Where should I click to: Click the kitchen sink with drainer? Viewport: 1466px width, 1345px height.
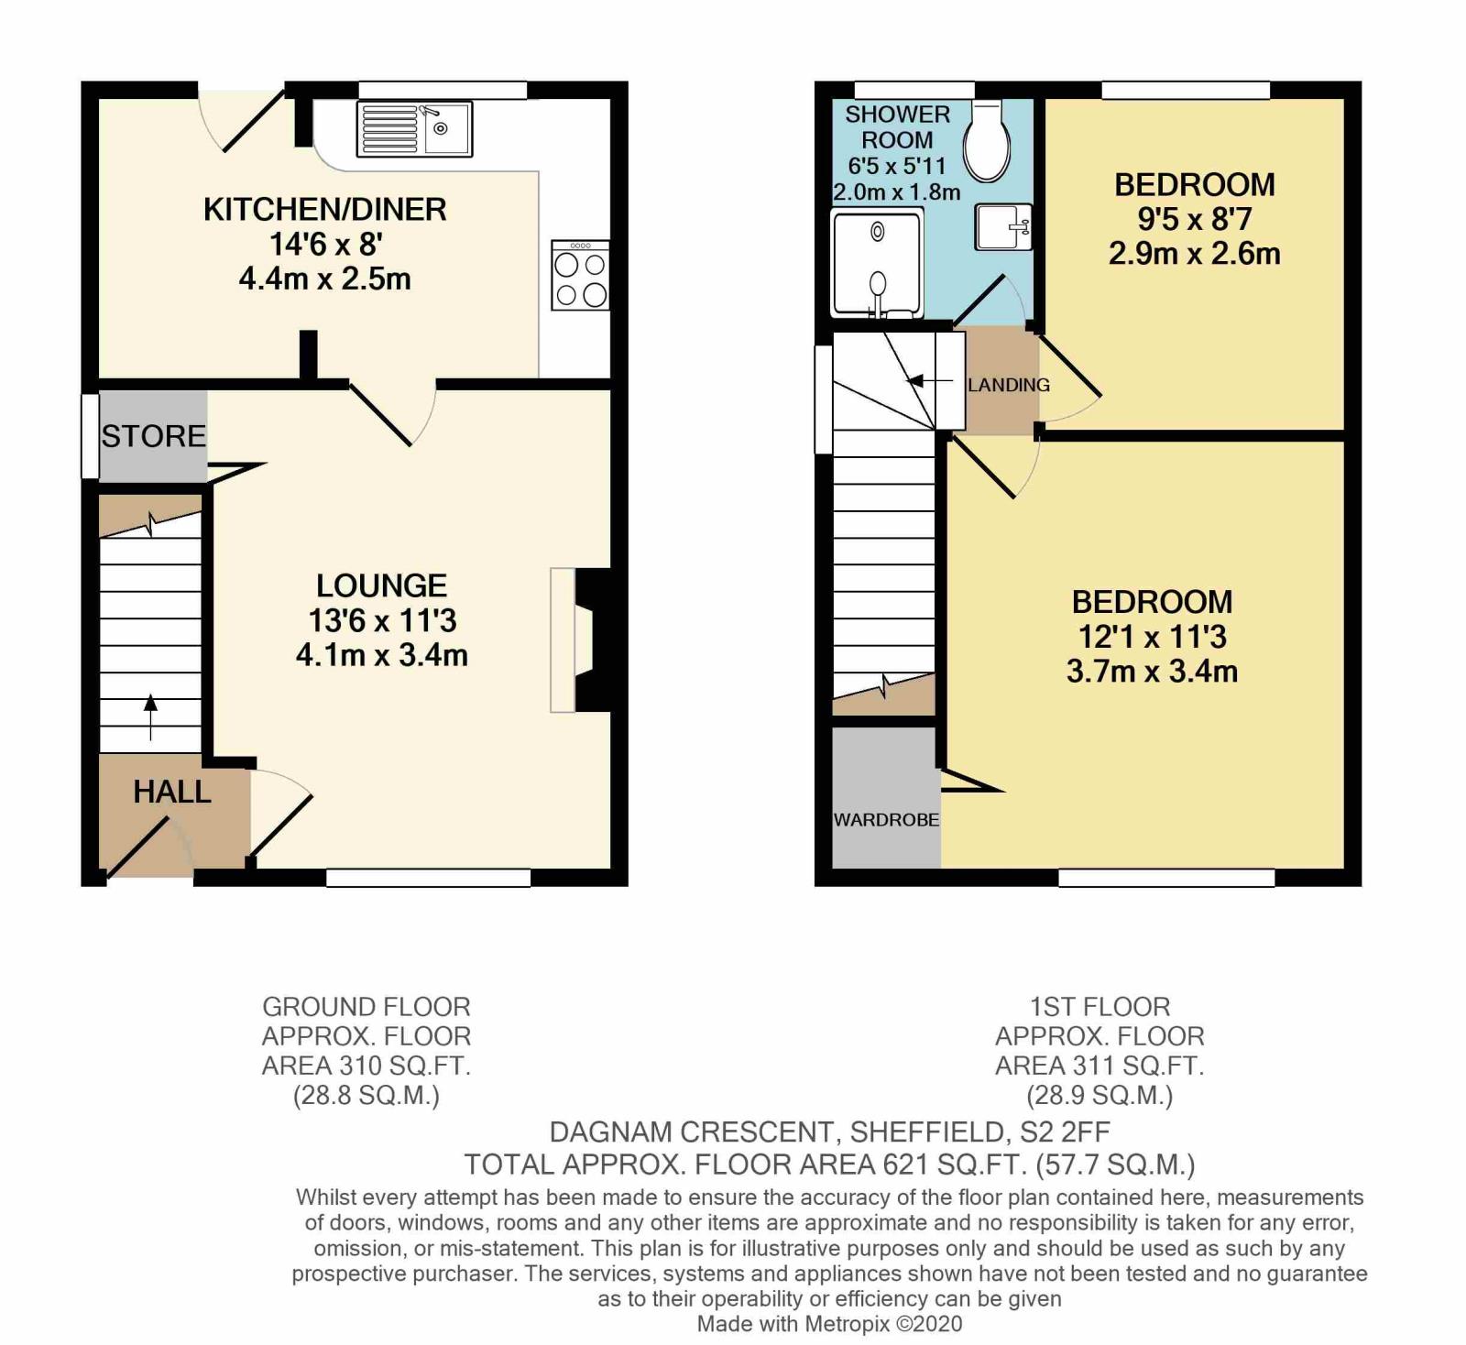(414, 129)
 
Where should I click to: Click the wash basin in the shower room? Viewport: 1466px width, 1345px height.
(1004, 226)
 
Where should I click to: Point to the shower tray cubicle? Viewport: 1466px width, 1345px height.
(877, 262)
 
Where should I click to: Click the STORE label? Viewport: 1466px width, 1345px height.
(154, 436)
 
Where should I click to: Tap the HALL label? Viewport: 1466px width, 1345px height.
(172, 792)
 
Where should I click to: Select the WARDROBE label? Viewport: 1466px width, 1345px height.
(886, 819)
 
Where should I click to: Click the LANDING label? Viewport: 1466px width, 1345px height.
(1009, 385)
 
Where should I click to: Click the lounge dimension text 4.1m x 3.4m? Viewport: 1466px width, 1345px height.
(382, 655)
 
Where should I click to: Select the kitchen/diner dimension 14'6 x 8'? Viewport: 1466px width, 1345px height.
(325, 245)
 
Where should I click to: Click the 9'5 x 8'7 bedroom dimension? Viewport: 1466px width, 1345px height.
(1195, 219)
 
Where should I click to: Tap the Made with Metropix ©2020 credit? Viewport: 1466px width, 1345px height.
(830, 1323)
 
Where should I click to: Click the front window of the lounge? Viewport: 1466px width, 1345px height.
(429, 878)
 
